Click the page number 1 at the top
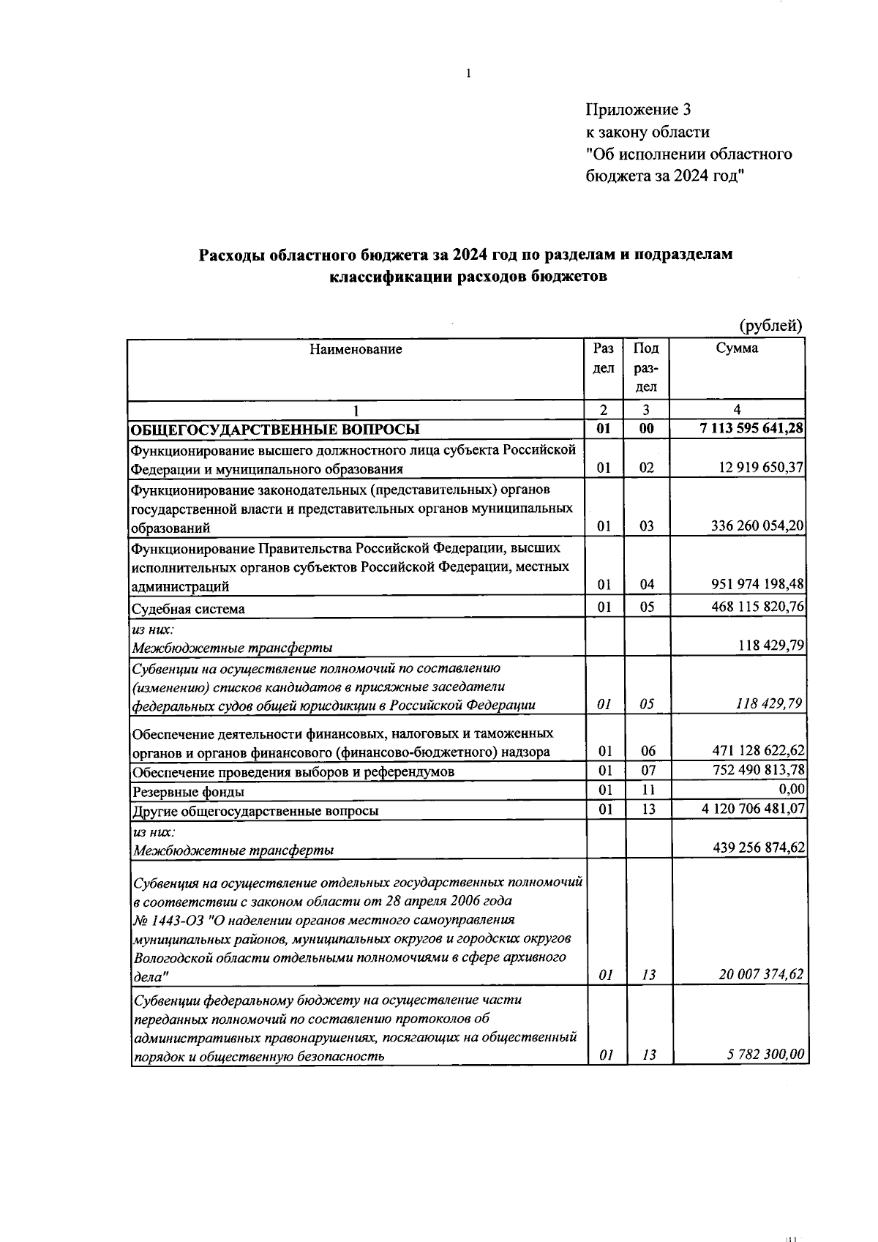[468, 73]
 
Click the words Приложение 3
[638, 110]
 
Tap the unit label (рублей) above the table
[770, 326]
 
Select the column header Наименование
[356, 349]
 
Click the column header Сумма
[737, 348]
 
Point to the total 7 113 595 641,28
[752, 428]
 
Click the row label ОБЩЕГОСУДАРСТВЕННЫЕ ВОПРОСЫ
[275, 430]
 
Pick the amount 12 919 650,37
[761, 468]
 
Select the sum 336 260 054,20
[757, 525]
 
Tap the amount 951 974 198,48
[757, 584]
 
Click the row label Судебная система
[188, 609]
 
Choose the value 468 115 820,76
[757, 606]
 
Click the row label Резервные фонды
[188, 792]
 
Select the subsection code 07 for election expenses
[647, 770]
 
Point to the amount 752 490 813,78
[759, 770]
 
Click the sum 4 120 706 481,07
[754, 809]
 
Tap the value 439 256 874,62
[759, 848]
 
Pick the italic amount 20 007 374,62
[759, 974]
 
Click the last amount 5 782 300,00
[765, 1054]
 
